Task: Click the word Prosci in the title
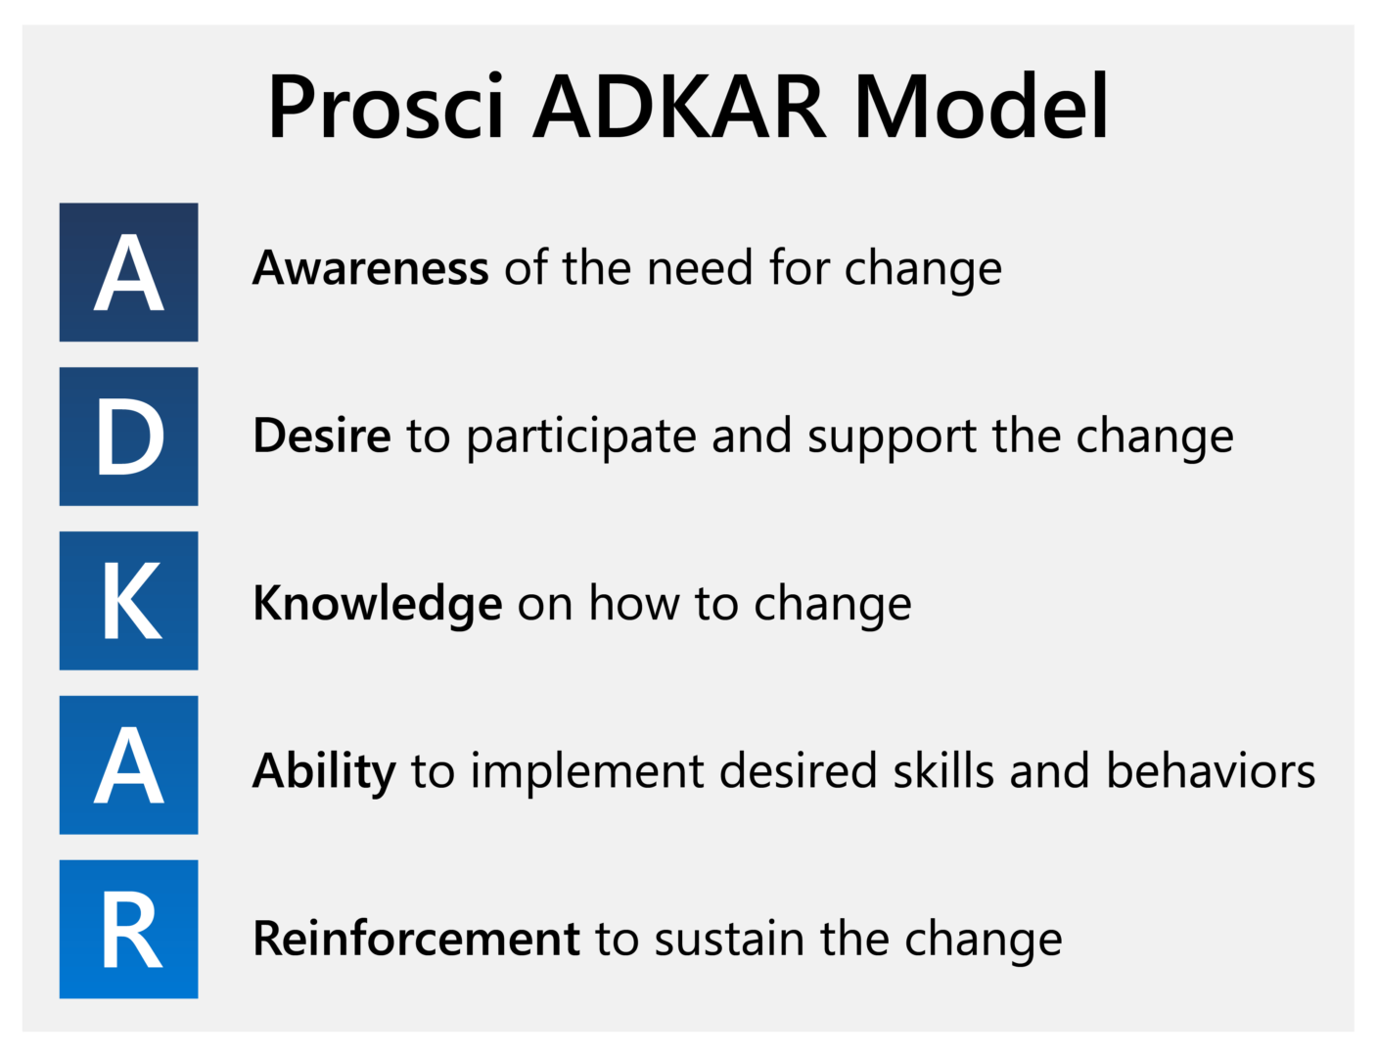click(x=386, y=106)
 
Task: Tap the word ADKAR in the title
click(x=678, y=106)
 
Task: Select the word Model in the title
click(x=982, y=106)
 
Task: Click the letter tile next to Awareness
click(x=128, y=272)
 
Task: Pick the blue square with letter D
click(x=128, y=436)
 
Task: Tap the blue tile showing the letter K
click(x=128, y=600)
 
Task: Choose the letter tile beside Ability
click(x=128, y=764)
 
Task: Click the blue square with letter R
click(x=128, y=929)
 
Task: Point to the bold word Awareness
click(x=371, y=267)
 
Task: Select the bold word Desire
click(x=322, y=436)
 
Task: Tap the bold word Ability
click(x=325, y=772)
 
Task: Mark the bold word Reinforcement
click(x=416, y=938)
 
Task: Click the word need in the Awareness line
click(x=700, y=267)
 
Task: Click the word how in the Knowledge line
click(x=634, y=602)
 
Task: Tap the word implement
click(x=587, y=772)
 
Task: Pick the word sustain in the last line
click(x=729, y=938)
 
